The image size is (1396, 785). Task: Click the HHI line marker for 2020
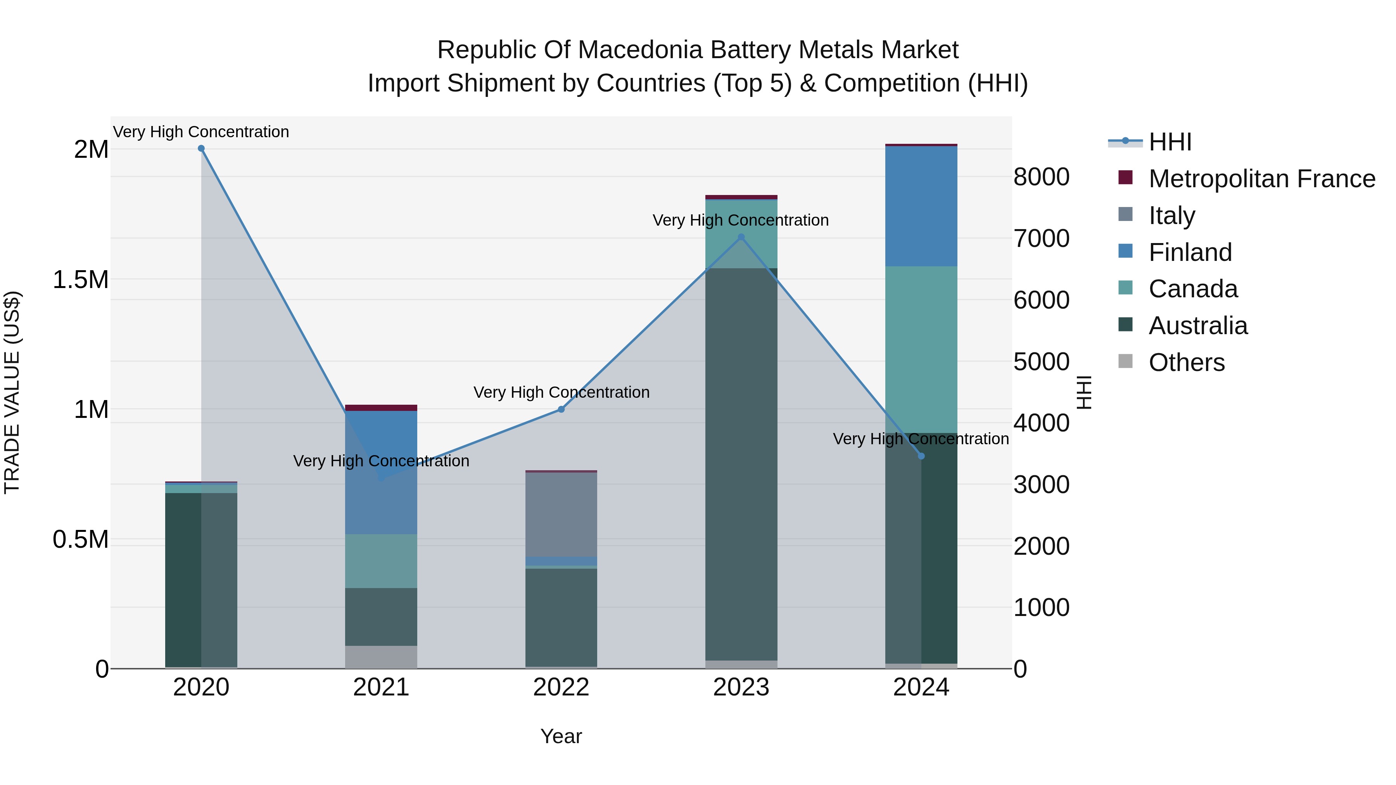[201, 148]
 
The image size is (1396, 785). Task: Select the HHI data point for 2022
[562, 410]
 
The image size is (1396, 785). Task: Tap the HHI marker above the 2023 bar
[741, 237]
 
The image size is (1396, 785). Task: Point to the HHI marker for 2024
[921, 456]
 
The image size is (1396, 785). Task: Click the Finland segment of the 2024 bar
[921, 206]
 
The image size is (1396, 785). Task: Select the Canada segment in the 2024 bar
[921, 349]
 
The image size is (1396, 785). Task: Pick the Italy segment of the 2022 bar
[562, 515]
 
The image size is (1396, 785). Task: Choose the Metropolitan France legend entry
[1261, 179]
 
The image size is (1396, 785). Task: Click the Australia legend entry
[1198, 326]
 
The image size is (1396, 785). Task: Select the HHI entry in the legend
[1170, 142]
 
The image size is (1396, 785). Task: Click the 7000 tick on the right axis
[1041, 239]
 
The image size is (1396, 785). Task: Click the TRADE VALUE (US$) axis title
[12, 392]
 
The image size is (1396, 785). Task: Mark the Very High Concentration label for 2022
[562, 392]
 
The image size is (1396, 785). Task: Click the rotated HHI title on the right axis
[1084, 392]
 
